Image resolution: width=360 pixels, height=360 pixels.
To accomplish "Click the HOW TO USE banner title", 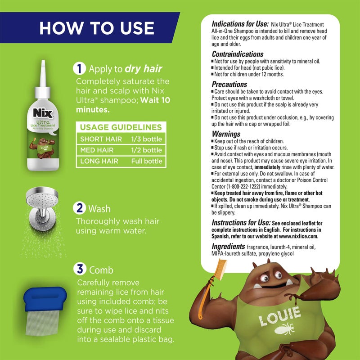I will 96,27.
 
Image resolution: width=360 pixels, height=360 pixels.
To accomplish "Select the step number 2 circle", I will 80,209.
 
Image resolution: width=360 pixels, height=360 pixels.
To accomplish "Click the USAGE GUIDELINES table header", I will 121,127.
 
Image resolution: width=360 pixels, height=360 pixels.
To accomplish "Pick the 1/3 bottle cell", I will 146,139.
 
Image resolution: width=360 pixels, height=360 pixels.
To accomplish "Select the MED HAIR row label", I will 97,150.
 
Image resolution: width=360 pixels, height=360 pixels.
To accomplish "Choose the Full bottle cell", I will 146,161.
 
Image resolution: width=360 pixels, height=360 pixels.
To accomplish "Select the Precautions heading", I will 229,84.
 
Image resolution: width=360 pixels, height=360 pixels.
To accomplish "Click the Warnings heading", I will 226,134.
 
